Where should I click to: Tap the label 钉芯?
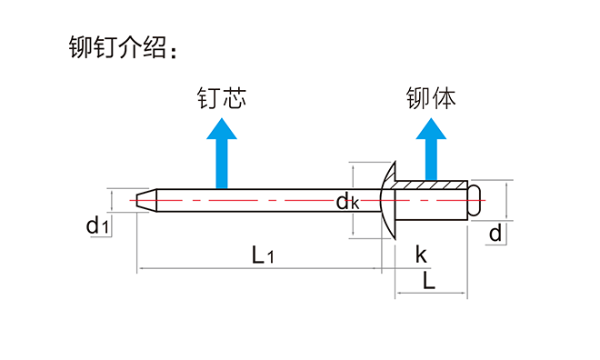[222, 97]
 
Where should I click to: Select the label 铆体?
[431, 97]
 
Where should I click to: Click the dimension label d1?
[98, 225]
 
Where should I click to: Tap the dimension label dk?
[347, 202]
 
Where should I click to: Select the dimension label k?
[421, 254]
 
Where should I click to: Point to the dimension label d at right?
[495, 234]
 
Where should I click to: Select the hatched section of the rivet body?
[433, 186]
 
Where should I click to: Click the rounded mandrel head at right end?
[475, 200]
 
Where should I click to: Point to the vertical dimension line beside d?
[505, 200]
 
